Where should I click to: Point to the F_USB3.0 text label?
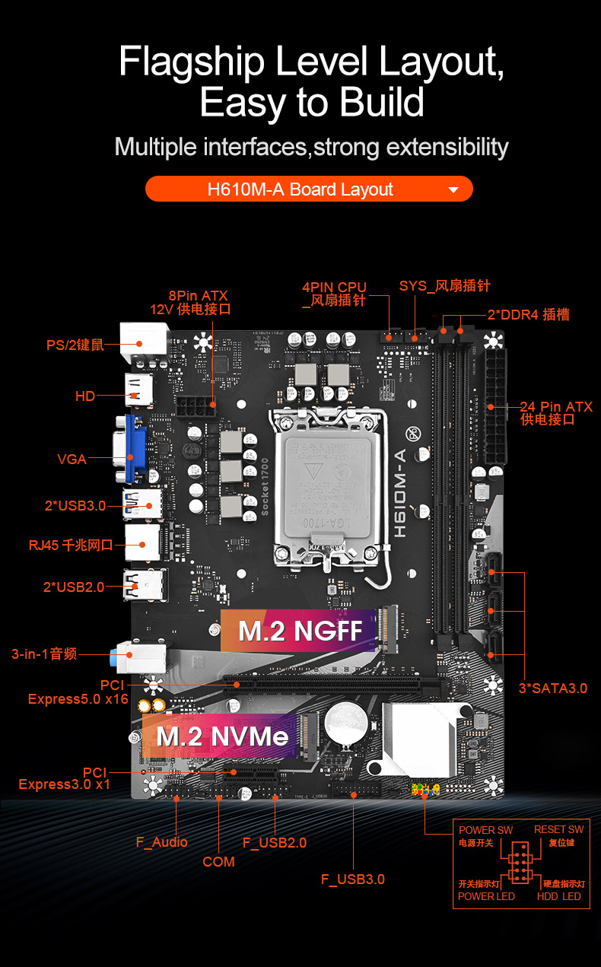tap(352, 880)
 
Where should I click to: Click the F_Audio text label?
tap(161, 842)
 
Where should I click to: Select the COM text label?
tap(218, 862)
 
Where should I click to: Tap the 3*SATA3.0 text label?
tap(552, 689)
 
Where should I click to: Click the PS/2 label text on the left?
tap(75, 345)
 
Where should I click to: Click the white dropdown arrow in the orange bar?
tap(453, 189)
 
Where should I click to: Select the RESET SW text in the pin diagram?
tap(558, 829)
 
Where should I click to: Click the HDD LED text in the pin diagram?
tap(558, 896)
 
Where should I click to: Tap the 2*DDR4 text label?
tap(528, 314)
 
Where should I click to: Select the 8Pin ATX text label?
tap(198, 296)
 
